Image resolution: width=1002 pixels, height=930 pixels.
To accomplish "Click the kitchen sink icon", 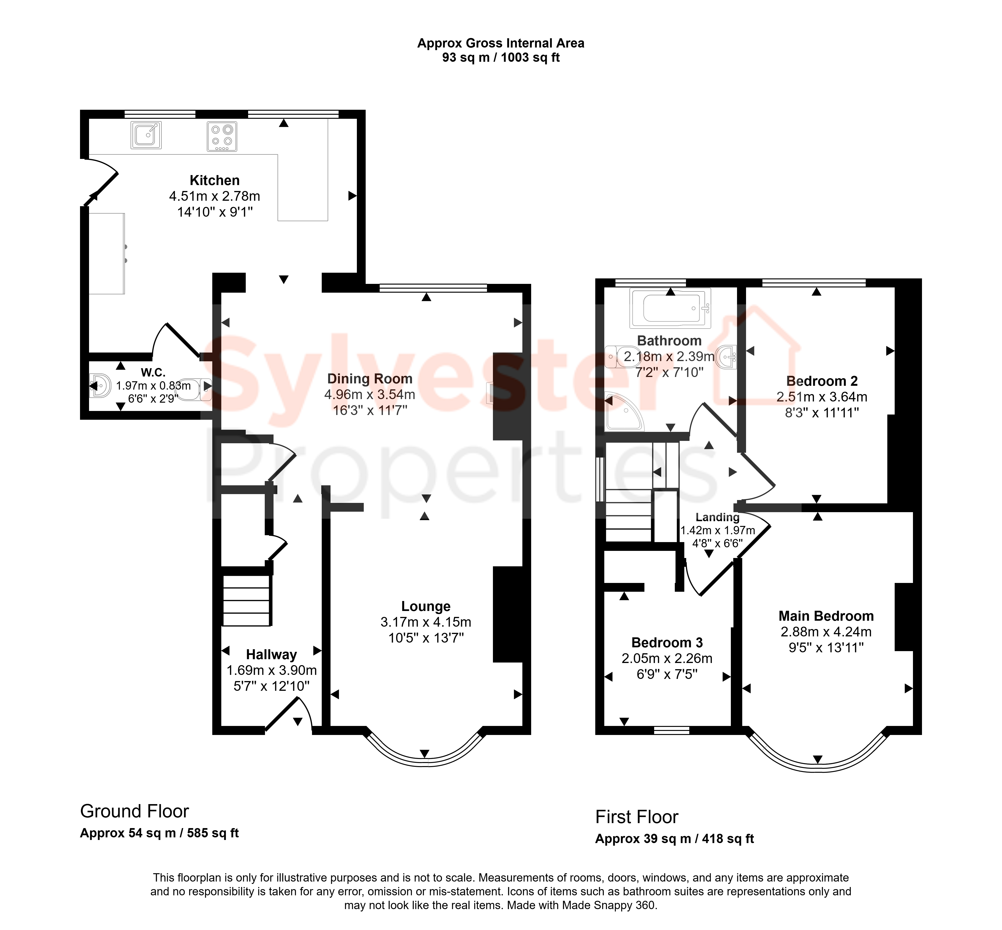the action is [146, 135].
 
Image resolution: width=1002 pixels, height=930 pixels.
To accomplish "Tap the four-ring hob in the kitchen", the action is [222, 136].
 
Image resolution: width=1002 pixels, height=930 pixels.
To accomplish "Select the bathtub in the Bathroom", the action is [670, 308].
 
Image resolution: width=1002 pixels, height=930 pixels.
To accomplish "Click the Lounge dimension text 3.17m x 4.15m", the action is [425, 622].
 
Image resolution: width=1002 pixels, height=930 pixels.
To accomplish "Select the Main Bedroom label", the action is [826, 616].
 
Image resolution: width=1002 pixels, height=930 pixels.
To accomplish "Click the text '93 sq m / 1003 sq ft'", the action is [501, 57].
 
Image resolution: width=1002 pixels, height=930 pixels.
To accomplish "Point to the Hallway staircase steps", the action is [246, 600].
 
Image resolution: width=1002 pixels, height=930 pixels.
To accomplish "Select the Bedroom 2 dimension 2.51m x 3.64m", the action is [822, 397].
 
